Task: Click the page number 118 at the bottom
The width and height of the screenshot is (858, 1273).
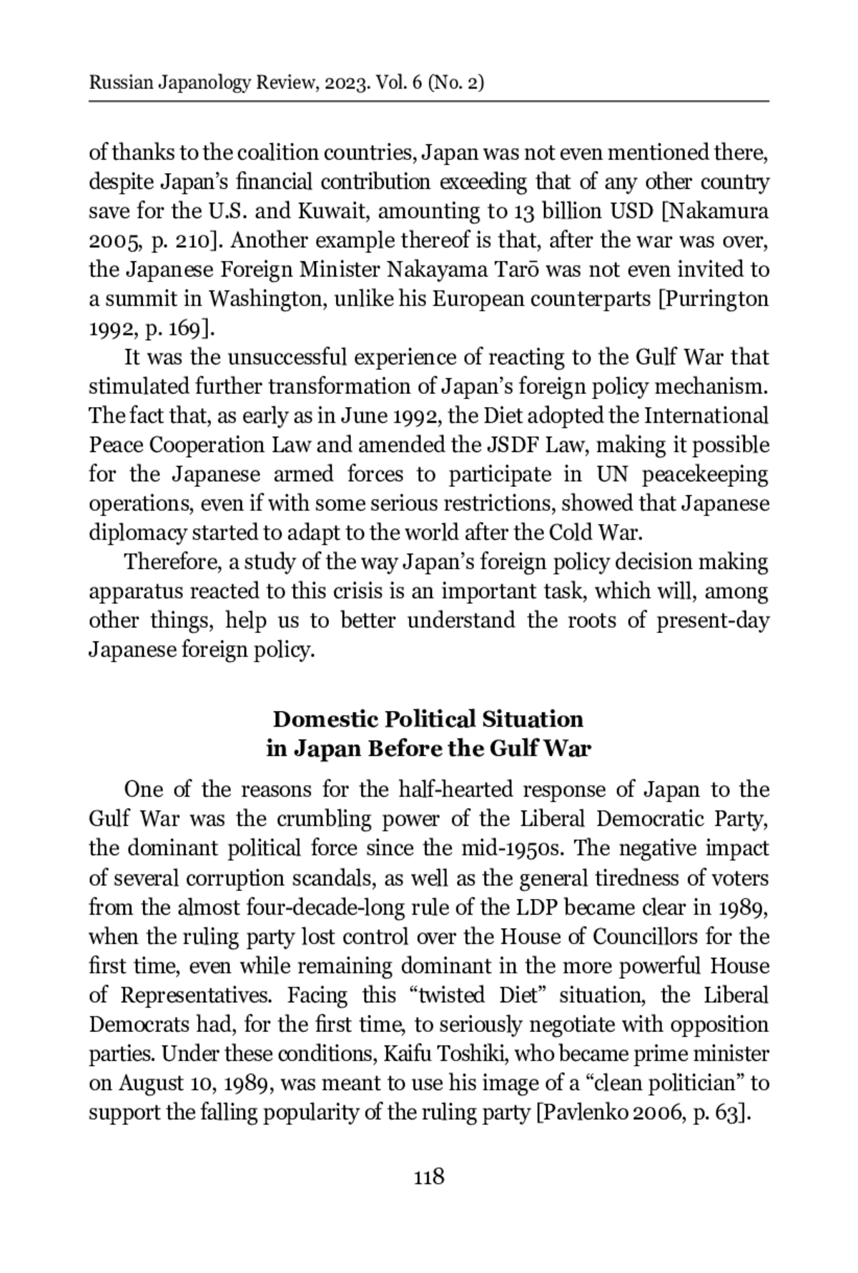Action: pos(429,1176)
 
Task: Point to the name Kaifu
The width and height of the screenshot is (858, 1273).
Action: pos(403,1054)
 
